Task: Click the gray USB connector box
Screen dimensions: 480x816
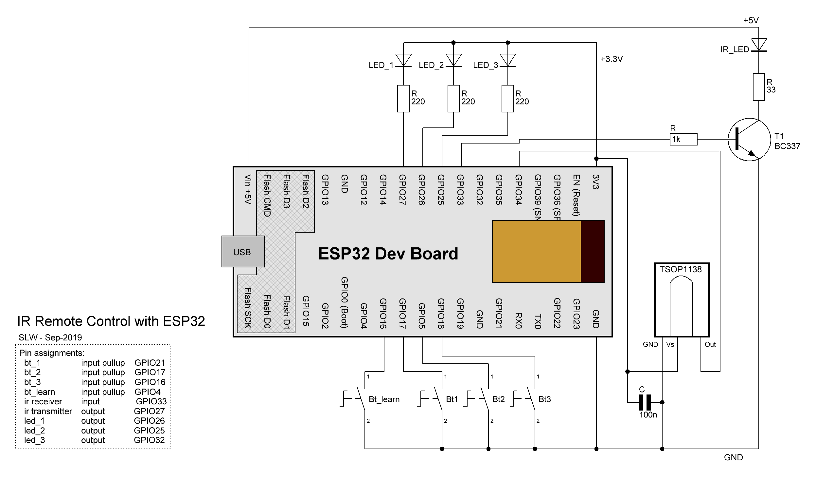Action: tap(243, 252)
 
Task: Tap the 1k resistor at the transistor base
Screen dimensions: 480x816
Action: tap(683, 139)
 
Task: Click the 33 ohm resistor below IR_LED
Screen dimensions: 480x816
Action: tap(758, 87)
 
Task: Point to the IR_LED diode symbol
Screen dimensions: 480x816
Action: tap(758, 45)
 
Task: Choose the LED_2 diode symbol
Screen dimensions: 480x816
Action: tap(453, 61)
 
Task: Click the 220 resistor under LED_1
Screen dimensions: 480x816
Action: tap(403, 99)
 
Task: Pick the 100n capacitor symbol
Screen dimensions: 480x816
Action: tap(645, 402)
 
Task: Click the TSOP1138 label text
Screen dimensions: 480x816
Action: tap(681, 269)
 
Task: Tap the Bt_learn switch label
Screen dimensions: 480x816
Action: tap(384, 399)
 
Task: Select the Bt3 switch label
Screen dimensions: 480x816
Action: tap(544, 399)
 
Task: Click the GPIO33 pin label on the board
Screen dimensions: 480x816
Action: tap(460, 190)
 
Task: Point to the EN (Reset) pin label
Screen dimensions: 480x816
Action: tap(576, 195)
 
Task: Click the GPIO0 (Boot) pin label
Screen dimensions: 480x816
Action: tap(344, 302)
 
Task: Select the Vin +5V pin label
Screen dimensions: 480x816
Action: tap(248, 189)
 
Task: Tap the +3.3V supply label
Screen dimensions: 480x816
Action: tap(611, 59)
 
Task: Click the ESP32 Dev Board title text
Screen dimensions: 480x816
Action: tap(388, 254)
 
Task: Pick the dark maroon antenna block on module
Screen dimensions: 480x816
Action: tap(592, 251)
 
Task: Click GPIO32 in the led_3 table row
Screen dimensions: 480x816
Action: tap(149, 440)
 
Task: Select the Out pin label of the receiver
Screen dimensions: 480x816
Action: tap(710, 344)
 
